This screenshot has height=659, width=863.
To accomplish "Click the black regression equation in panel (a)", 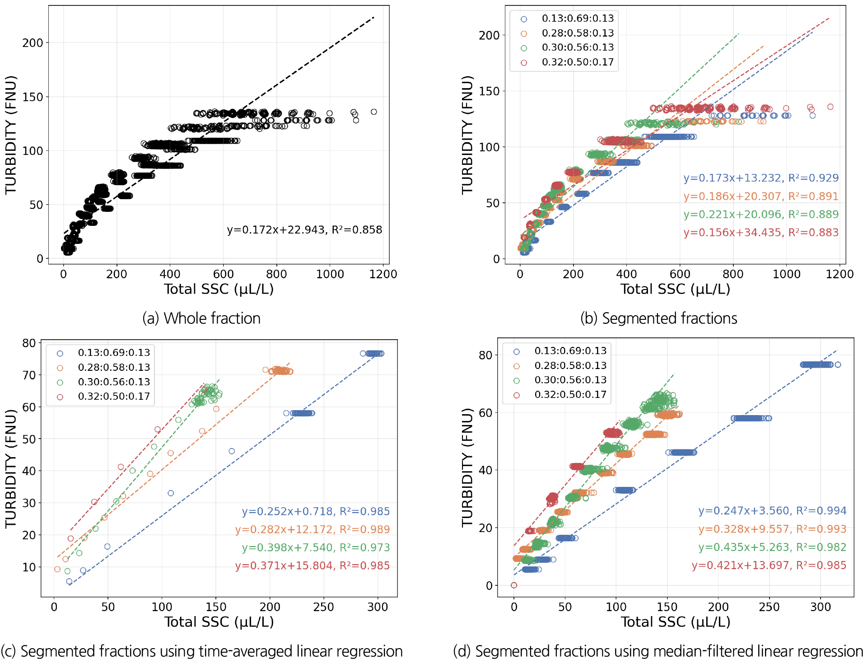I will (304, 230).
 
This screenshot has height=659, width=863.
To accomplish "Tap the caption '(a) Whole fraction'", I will (201, 318).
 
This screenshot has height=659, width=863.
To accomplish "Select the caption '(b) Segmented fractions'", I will (658, 318).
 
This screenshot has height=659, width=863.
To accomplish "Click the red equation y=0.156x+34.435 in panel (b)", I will (760, 233).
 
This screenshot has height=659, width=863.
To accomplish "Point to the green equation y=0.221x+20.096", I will (760, 215).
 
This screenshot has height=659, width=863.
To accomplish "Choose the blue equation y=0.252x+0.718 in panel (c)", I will (316, 511).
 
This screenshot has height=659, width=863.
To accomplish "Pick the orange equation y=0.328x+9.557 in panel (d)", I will (772, 529).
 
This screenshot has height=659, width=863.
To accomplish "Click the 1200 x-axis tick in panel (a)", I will (383, 274).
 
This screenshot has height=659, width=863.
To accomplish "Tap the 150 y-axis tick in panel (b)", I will (489, 91).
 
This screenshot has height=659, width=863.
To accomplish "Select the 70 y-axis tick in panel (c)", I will (29, 375).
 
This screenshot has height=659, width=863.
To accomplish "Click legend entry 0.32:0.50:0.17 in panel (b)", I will (578, 62).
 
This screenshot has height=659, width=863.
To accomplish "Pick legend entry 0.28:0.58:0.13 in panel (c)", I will (114, 368).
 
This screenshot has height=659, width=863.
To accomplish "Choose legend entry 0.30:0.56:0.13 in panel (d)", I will (570, 380).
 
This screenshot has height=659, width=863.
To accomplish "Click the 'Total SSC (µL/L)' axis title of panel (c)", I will (219, 622).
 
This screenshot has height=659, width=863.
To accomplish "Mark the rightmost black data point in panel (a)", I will (373, 112).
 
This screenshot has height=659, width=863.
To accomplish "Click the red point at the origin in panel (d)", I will (514, 585).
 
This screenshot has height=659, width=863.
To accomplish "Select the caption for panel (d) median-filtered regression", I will (658, 651).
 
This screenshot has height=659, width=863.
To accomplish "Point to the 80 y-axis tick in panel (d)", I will (485, 355).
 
